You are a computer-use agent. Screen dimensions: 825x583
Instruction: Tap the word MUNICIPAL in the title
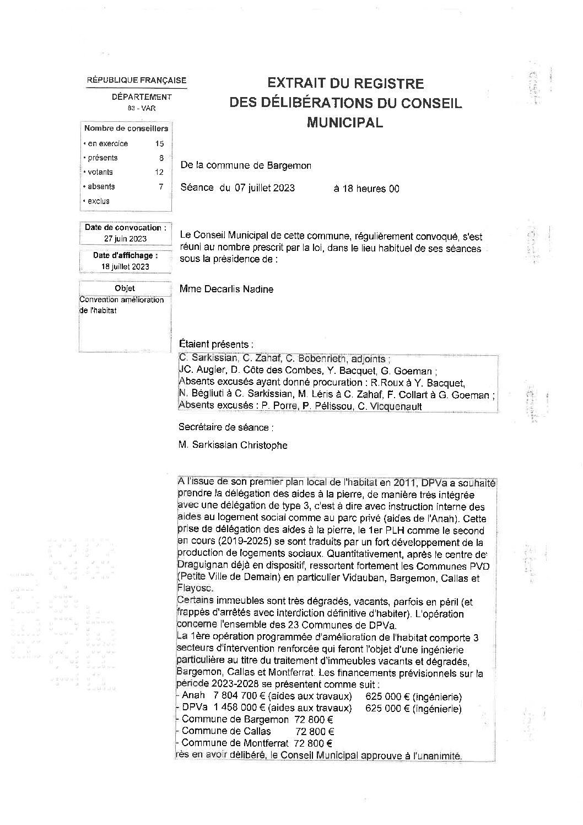[345, 122]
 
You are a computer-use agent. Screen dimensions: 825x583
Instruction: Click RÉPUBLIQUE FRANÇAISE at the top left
[137, 81]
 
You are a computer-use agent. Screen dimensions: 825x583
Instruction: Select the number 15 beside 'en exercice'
[160, 144]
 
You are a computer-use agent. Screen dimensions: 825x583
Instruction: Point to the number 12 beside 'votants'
[159, 172]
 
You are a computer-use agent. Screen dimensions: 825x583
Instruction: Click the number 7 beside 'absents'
[161, 186]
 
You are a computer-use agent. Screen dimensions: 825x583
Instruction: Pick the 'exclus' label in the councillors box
[99, 201]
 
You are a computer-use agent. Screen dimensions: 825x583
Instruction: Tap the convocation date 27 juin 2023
[126, 239]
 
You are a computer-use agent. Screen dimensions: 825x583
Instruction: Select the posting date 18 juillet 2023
[126, 267]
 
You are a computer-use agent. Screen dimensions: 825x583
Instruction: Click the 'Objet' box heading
[125, 288]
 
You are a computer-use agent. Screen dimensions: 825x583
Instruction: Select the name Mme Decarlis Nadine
[226, 289]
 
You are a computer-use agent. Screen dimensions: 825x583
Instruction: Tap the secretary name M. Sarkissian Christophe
[233, 445]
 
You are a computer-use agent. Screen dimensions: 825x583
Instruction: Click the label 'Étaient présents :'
[216, 344]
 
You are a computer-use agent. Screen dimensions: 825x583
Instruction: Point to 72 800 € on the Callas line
[314, 731]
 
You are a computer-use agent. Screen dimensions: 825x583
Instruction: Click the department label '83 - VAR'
[142, 109]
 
